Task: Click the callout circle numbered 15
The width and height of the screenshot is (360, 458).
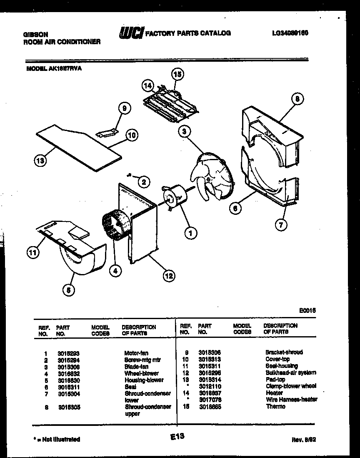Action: tap(177, 75)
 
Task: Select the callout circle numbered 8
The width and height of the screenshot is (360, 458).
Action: tap(297, 99)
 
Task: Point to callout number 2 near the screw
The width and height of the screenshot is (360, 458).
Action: tap(143, 181)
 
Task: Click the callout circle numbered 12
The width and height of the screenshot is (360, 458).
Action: tap(169, 275)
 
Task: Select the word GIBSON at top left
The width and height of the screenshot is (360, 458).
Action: tap(35, 35)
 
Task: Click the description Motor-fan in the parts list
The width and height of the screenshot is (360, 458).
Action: tap(136, 353)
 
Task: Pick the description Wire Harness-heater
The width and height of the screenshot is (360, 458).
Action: tap(291, 400)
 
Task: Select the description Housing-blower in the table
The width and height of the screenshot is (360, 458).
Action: tap(144, 380)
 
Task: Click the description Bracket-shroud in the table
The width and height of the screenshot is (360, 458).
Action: tap(284, 352)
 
